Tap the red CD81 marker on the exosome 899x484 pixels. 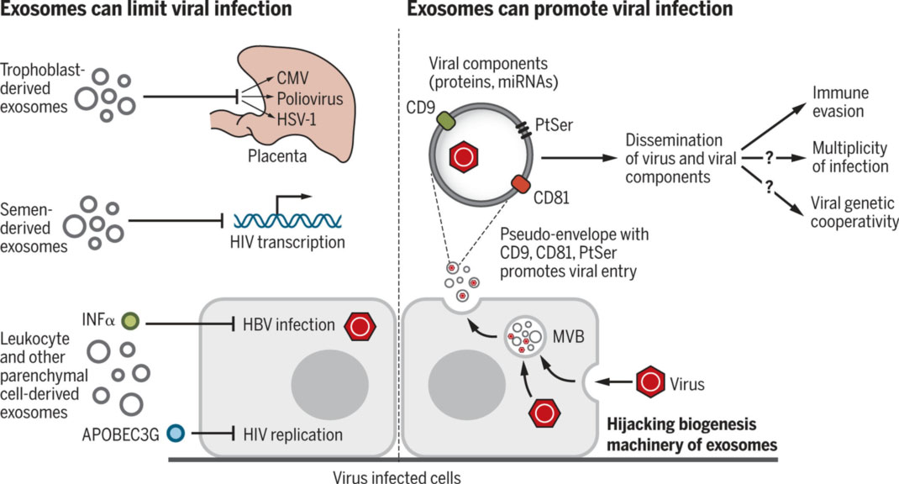[520, 184]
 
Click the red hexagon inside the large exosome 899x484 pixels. [464, 156]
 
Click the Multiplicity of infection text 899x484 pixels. [849, 157]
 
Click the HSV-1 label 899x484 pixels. [286, 118]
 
